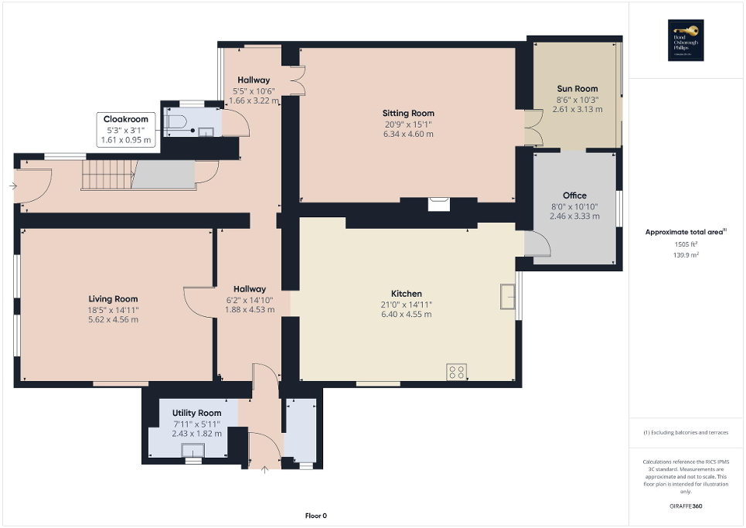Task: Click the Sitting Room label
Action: click(408, 113)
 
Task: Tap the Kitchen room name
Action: click(406, 294)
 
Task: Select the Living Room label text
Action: click(113, 299)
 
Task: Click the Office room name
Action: click(574, 196)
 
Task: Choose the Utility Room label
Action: click(196, 414)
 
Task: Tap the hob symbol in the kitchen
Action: click(456, 372)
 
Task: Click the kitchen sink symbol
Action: click(508, 296)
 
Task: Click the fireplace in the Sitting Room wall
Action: click(438, 204)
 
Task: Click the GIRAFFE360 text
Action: click(686, 506)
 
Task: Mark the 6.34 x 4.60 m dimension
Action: click(408, 134)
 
